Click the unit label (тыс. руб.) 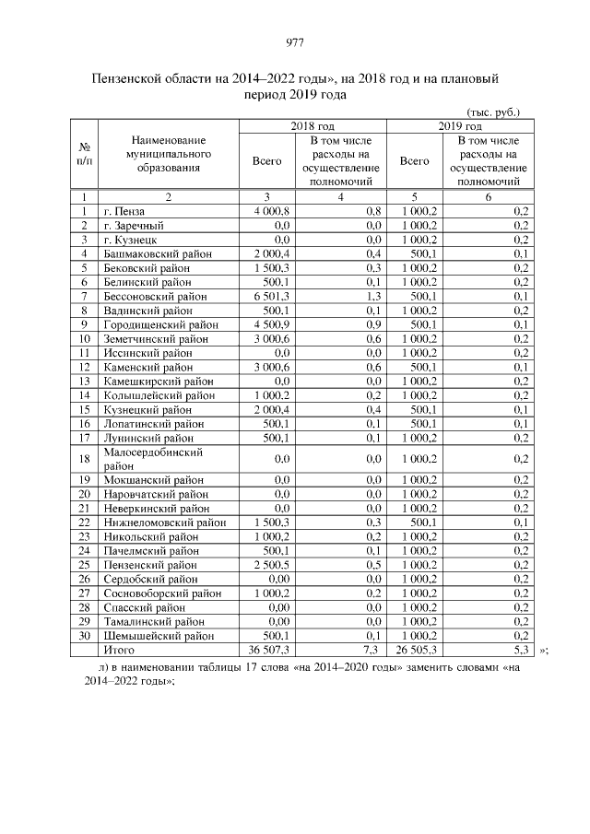[x=494, y=112]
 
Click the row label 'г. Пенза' [x=124, y=211]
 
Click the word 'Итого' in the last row [x=118, y=650]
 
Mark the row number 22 [x=84, y=523]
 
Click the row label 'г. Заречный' [x=133, y=226]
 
